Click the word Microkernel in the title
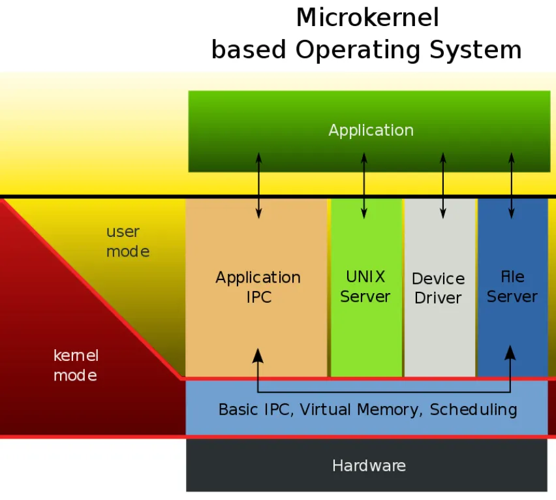tap(367, 18)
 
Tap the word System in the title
tap(476, 50)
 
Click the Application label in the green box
tap(371, 131)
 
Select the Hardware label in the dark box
tap(369, 465)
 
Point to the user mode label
tap(128, 242)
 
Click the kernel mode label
tap(76, 366)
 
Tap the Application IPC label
tap(258, 287)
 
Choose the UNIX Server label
tap(365, 287)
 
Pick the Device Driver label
tap(439, 289)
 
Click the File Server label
tap(512, 287)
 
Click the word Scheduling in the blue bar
tap(473, 409)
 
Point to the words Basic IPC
tap(254, 409)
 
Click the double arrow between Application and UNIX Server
tap(363, 185)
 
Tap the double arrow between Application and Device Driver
tap(443, 185)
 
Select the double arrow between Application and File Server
tap(512, 185)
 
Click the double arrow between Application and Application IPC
tap(259, 185)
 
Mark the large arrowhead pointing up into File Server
tap(510, 353)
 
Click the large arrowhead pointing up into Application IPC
tap(258, 356)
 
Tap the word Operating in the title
tap(358, 50)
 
